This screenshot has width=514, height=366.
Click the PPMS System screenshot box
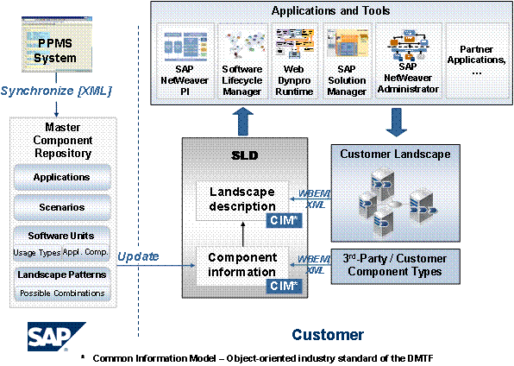tap(57, 45)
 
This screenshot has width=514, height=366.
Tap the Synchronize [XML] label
tap(56, 91)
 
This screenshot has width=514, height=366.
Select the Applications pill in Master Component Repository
tap(61, 177)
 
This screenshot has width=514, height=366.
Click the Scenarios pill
tap(61, 207)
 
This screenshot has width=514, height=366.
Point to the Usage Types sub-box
tap(37, 253)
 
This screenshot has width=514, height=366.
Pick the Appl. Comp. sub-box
tap(85, 252)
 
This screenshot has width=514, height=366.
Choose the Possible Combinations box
tap(62, 293)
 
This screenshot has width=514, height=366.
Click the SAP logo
tap(56, 337)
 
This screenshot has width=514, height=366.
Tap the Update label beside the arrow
tap(138, 256)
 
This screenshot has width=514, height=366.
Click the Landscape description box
tap(242, 200)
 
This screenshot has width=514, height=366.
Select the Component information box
tap(242, 266)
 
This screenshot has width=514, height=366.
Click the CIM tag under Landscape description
tap(284, 221)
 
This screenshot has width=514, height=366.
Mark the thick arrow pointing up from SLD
tap(243, 122)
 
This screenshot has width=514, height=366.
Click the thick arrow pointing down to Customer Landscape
tap(397, 122)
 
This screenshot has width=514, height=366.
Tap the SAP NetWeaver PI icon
tap(185, 46)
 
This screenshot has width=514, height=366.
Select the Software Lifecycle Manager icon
tap(244, 45)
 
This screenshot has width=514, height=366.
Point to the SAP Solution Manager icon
tap(348, 43)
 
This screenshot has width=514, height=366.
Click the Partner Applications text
tap(477, 60)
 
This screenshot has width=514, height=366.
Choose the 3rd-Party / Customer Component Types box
tap(395, 266)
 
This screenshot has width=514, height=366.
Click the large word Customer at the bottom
tap(328, 335)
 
